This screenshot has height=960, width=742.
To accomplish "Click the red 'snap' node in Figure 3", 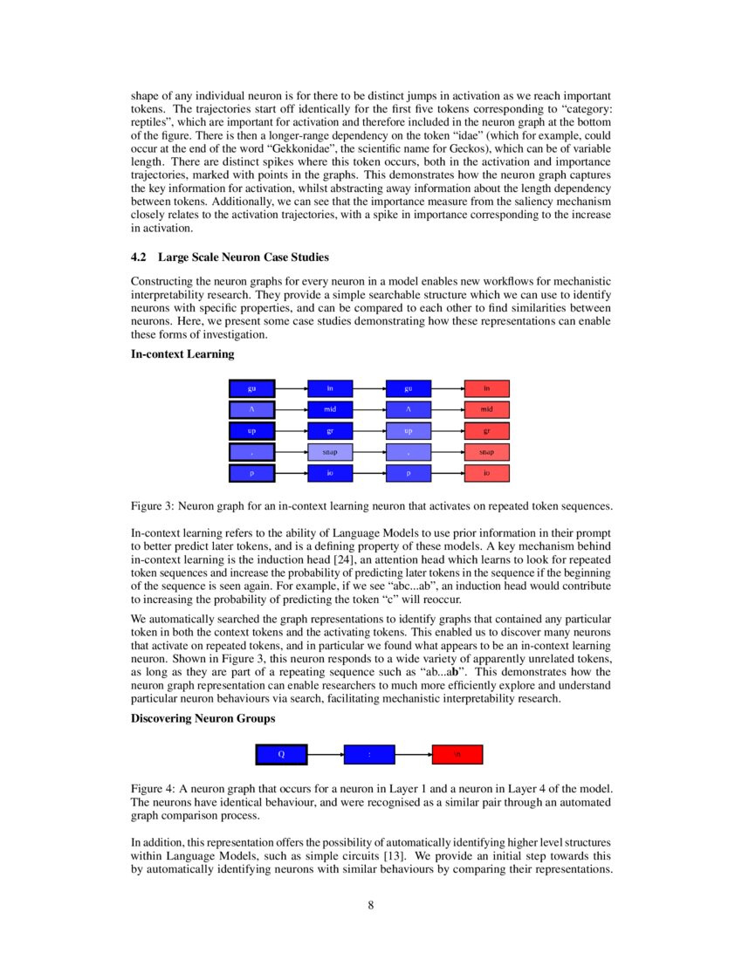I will (486, 452).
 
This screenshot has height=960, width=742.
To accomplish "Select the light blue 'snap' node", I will (330, 452).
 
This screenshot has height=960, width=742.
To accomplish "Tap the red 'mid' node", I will (486, 409).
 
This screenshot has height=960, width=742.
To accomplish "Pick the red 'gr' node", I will (486, 431).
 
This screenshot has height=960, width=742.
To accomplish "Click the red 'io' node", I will (486, 474).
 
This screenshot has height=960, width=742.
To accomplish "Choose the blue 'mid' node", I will (330, 409).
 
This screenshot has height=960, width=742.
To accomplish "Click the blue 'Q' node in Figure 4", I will (281, 754).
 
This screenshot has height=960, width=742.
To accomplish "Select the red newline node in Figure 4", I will (457, 754).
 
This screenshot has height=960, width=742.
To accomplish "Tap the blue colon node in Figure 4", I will (369, 754).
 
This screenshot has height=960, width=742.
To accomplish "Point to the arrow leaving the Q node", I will (325, 754).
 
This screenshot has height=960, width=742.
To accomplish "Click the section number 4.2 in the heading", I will (140, 257).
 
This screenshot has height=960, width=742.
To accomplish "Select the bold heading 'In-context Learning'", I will (182, 353).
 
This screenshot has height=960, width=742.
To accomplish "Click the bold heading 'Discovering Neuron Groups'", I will (203, 718).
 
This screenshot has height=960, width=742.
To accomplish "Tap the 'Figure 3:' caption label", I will (153, 506).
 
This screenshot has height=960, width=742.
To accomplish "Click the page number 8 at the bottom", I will (371, 905).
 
